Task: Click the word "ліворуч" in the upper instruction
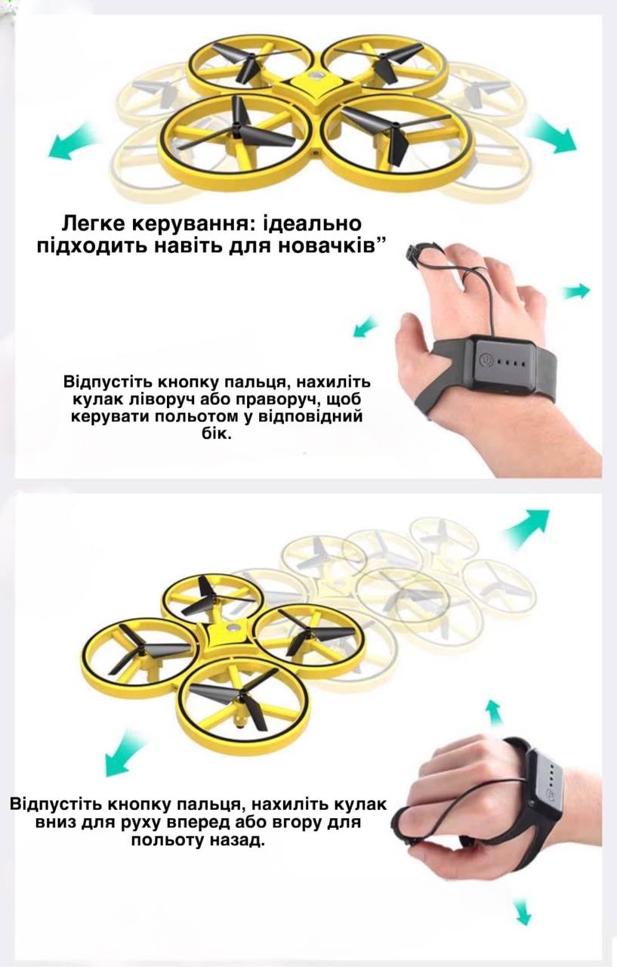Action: tap(161, 400)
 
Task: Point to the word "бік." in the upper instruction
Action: tap(217, 434)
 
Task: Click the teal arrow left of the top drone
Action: tap(71, 141)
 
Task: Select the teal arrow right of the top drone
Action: tap(551, 133)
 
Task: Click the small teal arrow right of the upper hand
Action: tap(576, 292)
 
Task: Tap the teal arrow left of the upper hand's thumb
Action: tap(365, 326)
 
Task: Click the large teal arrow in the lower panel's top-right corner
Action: tap(527, 527)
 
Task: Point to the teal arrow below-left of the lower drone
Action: tap(125, 757)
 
